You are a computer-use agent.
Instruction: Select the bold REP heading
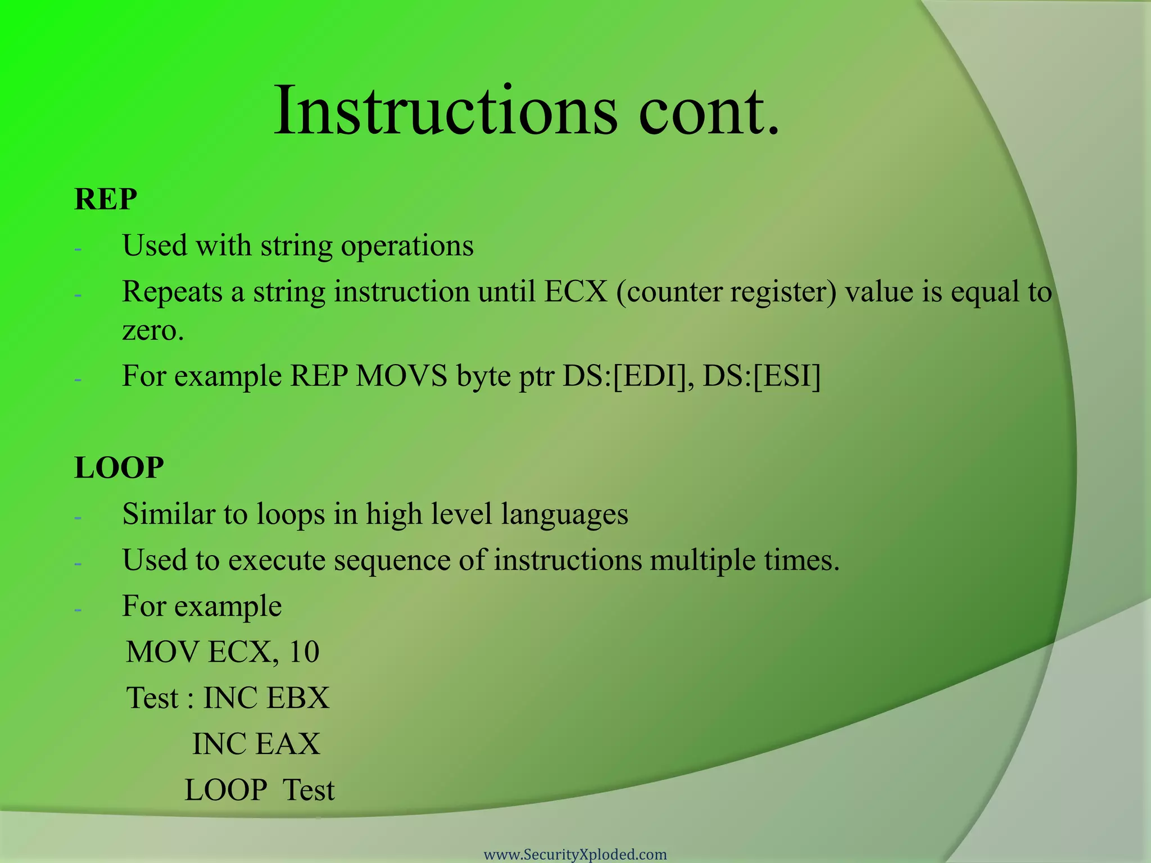[x=106, y=199]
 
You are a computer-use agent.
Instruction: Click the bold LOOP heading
[x=119, y=467]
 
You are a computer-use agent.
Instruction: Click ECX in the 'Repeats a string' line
[x=576, y=292]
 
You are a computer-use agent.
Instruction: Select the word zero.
[x=153, y=330]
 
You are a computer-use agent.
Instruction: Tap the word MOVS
[x=401, y=376]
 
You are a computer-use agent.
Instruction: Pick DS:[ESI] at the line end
[x=762, y=376]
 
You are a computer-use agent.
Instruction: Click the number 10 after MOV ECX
[x=304, y=652]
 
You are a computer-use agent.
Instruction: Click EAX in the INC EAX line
[x=287, y=744]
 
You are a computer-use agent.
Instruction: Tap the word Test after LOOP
[x=309, y=791]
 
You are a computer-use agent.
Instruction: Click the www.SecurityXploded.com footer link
[x=575, y=855]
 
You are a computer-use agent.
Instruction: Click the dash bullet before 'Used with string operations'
[x=78, y=248]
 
